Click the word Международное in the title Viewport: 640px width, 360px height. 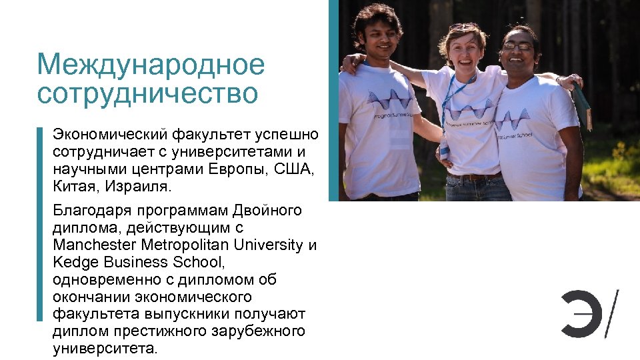(x=151, y=65)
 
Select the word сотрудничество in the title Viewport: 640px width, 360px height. (x=147, y=93)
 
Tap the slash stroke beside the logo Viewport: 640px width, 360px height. (x=611, y=313)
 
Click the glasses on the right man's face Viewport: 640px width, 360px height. (x=518, y=47)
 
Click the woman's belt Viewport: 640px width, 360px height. (x=474, y=177)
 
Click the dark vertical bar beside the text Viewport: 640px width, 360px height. (x=39, y=223)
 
